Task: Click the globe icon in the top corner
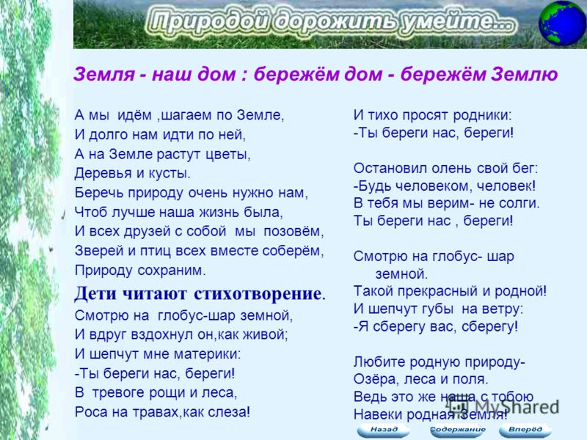pyautogui.click(x=562, y=23)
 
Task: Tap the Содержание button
pyautogui.click(x=457, y=430)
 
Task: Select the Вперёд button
pyautogui.click(x=525, y=430)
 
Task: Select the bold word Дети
pyautogui.click(x=96, y=293)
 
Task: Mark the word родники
pyautogui.click(x=482, y=116)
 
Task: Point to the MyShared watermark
pyautogui.click(x=503, y=406)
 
